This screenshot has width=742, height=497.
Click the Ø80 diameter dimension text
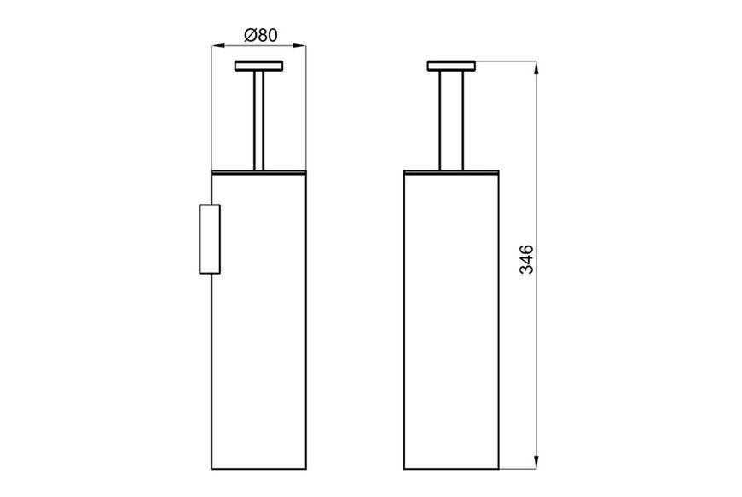click(x=261, y=35)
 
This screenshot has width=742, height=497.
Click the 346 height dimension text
click(x=526, y=259)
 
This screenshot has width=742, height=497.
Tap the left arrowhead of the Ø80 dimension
click(x=217, y=46)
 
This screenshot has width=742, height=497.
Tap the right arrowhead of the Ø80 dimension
click(x=300, y=46)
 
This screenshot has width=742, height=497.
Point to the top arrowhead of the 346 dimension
click(x=536, y=67)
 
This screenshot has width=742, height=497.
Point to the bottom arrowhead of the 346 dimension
click(x=536, y=463)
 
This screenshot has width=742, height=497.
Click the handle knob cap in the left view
click(x=259, y=66)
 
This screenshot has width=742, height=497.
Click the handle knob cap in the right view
click(x=451, y=66)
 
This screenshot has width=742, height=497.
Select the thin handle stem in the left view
click(x=259, y=120)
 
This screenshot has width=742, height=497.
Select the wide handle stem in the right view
click(x=451, y=120)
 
